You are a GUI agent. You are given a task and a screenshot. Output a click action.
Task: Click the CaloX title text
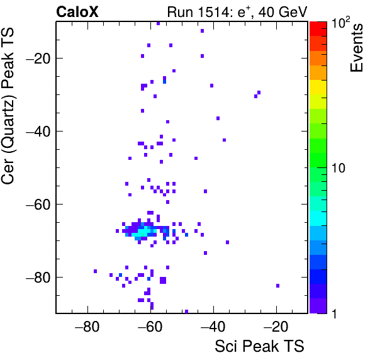coord(77,12)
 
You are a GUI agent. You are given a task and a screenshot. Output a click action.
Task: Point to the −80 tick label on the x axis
coord(87,327)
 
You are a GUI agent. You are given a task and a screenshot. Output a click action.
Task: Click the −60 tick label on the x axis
coord(150,327)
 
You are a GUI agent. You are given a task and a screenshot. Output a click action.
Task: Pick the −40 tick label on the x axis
coord(213,327)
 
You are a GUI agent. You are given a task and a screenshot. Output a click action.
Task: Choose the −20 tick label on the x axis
coord(276,327)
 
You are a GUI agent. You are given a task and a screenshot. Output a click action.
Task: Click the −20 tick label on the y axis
coord(38,58)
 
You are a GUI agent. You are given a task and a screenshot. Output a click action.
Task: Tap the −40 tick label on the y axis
coord(38,131)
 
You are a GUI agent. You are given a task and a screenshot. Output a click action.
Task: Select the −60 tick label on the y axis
coord(38,204)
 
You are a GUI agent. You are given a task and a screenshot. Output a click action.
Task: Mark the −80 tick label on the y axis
coord(38,277)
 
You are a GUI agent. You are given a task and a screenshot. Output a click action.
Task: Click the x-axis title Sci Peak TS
coord(259,346)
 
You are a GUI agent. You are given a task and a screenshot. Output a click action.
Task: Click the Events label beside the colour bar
coord(356,48)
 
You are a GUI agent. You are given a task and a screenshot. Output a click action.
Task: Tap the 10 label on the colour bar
coord(339,168)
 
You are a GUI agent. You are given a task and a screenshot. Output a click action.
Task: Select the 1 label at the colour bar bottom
coord(334,314)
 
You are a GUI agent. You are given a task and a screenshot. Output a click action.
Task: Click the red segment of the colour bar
coord(318,29)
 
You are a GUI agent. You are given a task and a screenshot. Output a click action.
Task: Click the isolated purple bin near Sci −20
coord(277,286)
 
